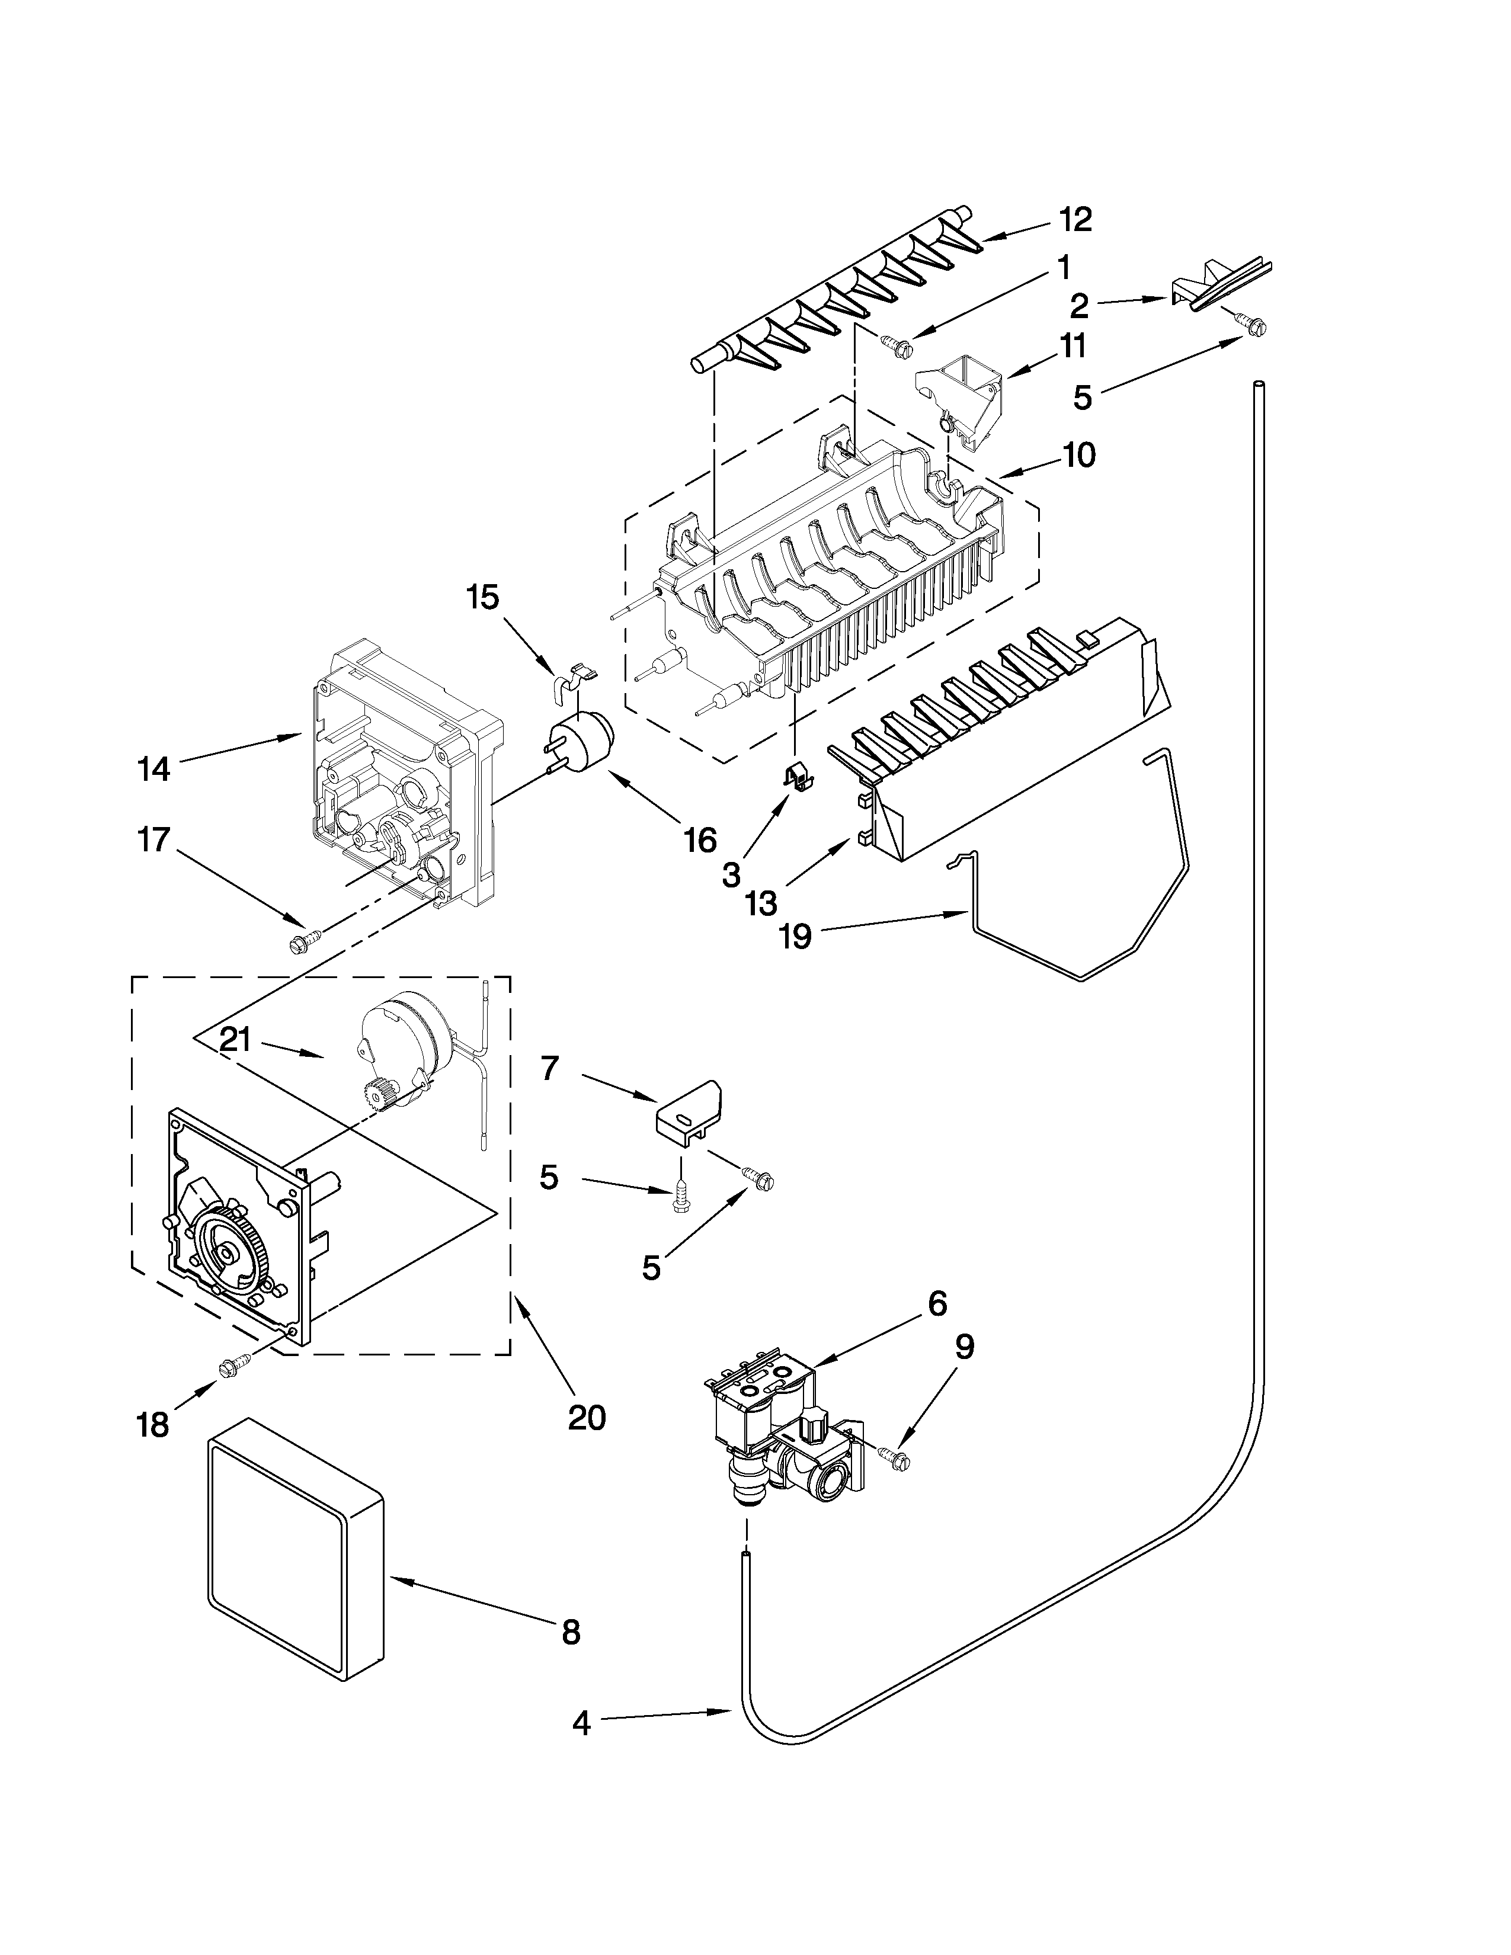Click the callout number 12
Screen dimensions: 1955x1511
coord(1076,219)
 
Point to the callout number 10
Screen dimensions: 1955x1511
coord(1080,455)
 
